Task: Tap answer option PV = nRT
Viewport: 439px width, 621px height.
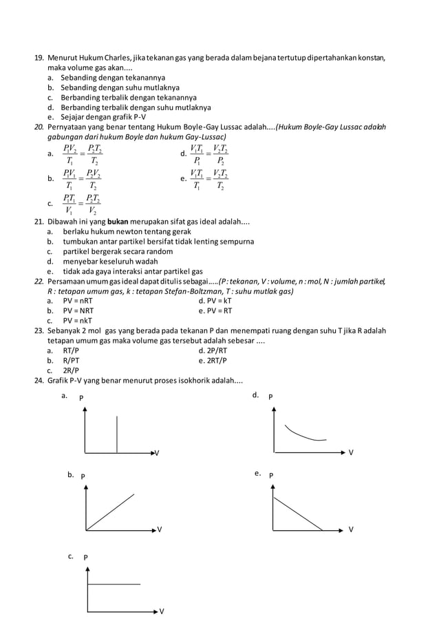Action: tap(78, 301)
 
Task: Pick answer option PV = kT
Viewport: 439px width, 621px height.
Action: tap(215, 301)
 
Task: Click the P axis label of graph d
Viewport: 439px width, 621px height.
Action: tap(270, 397)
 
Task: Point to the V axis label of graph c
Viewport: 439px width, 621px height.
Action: tap(161, 611)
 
